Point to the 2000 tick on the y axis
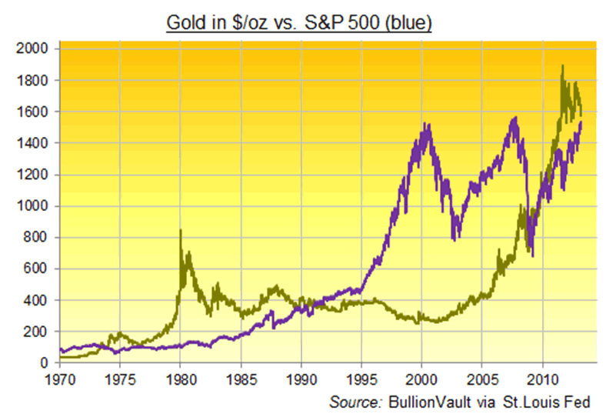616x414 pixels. click(x=34, y=49)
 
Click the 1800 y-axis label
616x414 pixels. click(x=34, y=81)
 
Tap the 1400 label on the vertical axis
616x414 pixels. click(x=34, y=143)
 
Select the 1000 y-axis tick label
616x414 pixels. click(x=34, y=206)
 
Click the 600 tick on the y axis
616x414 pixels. click(x=37, y=269)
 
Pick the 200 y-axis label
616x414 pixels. click(x=37, y=332)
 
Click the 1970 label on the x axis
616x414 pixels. click(x=59, y=379)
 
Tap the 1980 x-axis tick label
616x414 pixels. click(x=180, y=379)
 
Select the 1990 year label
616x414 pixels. click(x=301, y=379)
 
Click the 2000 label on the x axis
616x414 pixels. click(x=421, y=379)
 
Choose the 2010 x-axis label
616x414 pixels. click(x=542, y=379)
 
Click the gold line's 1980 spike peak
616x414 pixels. click(x=181, y=230)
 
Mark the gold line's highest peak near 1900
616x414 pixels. click(x=563, y=66)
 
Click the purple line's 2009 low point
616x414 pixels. click(x=532, y=255)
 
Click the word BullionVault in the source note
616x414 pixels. click(x=422, y=402)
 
